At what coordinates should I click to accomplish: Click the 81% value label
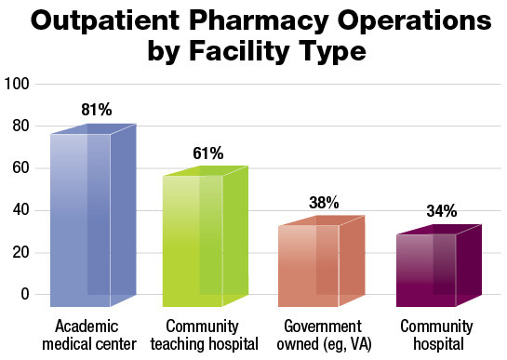point(97,110)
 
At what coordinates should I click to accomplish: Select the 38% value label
point(324,202)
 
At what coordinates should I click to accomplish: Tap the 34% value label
point(441,211)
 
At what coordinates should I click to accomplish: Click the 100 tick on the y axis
point(19,85)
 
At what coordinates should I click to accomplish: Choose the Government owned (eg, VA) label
point(321,336)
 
